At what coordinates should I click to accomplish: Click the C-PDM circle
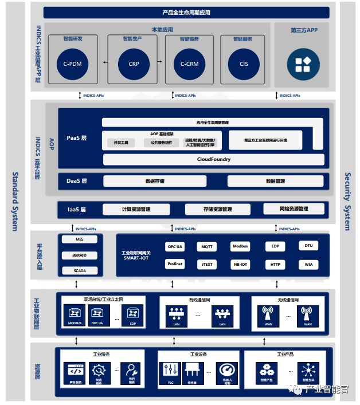click(73, 64)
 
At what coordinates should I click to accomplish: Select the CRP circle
click(134, 64)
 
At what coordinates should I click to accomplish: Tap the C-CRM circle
click(189, 64)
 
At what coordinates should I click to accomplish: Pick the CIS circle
click(244, 64)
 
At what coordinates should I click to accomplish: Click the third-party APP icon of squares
click(303, 64)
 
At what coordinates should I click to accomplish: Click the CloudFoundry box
click(214, 159)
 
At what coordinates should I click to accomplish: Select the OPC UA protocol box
click(175, 247)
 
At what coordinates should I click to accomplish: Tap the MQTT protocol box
click(207, 247)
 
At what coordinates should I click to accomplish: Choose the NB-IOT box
click(240, 265)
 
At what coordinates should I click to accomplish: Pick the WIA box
click(308, 265)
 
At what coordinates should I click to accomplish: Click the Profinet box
click(175, 264)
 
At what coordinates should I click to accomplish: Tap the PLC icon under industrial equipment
click(171, 371)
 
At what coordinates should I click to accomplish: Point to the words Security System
click(347, 201)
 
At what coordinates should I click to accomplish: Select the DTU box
click(308, 246)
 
